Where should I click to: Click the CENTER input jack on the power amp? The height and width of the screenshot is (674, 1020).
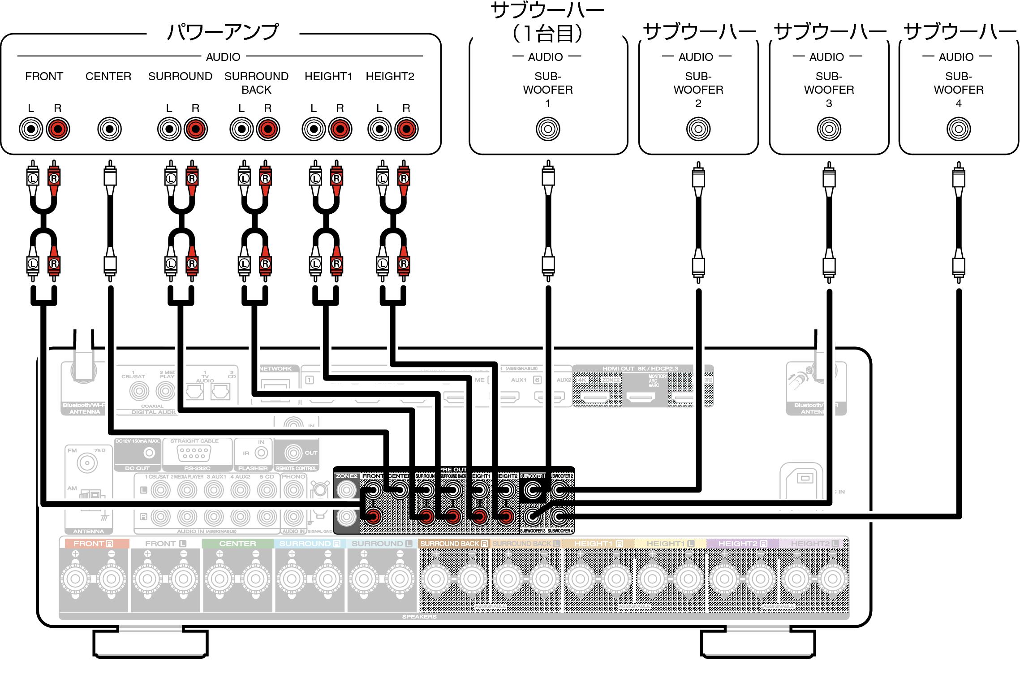pos(109,129)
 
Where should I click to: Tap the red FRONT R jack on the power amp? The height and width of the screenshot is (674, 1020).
pos(58,129)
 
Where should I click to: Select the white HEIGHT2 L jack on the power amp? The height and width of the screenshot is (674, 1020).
pos(380,129)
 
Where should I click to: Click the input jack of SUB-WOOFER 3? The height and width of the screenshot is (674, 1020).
pos(829,129)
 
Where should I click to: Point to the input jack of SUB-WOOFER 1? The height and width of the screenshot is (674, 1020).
pos(548,129)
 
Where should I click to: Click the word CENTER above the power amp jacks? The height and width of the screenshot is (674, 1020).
pos(108,77)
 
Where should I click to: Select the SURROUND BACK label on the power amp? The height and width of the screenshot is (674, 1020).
pos(256,83)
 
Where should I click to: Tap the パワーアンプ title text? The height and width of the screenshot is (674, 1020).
pos(223,32)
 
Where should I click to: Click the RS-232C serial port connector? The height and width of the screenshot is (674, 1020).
pos(194,453)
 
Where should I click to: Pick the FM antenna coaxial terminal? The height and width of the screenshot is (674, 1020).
pos(87,463)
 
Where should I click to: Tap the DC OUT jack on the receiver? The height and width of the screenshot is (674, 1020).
pos(149,453)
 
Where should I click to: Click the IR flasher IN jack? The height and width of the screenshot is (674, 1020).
pos(261,453)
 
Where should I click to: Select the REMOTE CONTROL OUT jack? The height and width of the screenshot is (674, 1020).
pos(293,453)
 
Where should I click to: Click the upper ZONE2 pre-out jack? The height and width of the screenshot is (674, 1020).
pos(346,490)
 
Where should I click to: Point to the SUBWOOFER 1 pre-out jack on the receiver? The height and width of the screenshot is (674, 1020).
pos(533,490)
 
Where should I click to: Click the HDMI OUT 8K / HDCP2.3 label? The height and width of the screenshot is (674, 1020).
pos(640,369)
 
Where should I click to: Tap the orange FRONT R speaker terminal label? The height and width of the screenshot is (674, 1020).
pos(93,544)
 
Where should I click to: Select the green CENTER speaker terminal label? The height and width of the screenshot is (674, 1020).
pos(237,544)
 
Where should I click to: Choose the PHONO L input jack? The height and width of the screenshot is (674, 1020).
pos(293,490)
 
